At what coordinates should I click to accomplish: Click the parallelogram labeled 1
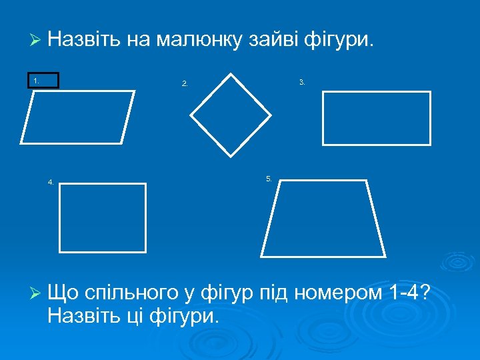[77, 117]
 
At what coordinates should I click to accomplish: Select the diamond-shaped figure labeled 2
[231, 115]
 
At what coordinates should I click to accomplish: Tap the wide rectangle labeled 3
[377, 118]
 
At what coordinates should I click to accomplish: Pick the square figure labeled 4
[103, 217]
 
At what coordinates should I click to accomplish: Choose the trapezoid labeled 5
[323, 218]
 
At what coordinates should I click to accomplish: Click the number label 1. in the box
[37, 81]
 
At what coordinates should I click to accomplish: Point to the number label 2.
[185, 84]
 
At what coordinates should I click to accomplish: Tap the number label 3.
[302, 82]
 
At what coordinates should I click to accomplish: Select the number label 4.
[51, 181]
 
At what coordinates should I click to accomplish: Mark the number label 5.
[269, 179]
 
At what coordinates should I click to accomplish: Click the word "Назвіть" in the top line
[84, 41]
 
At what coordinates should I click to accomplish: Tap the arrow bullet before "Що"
[36, 293]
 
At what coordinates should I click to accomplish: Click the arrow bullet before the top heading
[36, 41]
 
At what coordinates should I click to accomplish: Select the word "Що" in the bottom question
[63, 293]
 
